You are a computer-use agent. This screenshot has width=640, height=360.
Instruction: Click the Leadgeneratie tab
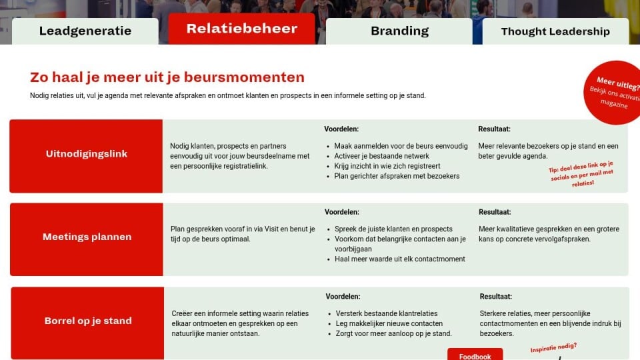(x=85, y=31)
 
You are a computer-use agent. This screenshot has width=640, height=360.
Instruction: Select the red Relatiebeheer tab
(x=241, y=29)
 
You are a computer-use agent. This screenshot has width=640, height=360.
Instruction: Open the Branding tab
(x=399, y=31)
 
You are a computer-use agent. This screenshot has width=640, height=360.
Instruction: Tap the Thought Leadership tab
(x=555, y=31)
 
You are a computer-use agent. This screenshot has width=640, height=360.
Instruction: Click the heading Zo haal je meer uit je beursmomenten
(x=167, y=77)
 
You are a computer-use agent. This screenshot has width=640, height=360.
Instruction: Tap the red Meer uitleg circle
(x=612, y=93)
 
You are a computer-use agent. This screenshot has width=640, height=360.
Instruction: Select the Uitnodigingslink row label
(x=87, y=154)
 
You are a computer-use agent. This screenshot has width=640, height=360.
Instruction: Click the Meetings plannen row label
(x=87, y=237)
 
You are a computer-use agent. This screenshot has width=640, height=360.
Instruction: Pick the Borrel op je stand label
(x=88, y=321)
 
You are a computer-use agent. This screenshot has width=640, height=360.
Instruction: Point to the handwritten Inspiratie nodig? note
(x=553, y=347)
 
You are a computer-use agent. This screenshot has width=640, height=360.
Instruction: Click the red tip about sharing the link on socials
(x=581, y=174)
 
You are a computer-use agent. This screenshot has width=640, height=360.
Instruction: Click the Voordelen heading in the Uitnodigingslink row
(x=341, y=129)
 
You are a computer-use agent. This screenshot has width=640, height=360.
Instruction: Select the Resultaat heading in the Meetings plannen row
(x=495, y=212)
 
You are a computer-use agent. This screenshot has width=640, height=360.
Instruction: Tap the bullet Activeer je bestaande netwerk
(x=381, y=156)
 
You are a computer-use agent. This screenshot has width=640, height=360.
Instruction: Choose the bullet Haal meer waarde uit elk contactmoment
(x=399, y=259)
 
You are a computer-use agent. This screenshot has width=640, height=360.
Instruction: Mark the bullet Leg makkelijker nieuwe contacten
(x=389, y=323)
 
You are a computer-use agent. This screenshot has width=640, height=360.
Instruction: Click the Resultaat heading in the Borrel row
(x=495, y=296)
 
